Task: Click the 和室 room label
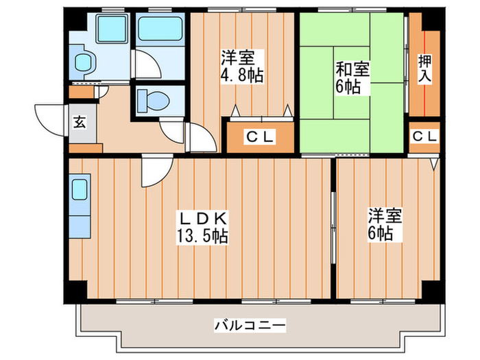coord(353,69)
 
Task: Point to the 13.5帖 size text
coord(204,237)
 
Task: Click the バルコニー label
coord(250,324)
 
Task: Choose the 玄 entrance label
coord(80,123)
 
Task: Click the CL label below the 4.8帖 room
coord(260,138)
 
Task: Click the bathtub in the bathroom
coord(160,29)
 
